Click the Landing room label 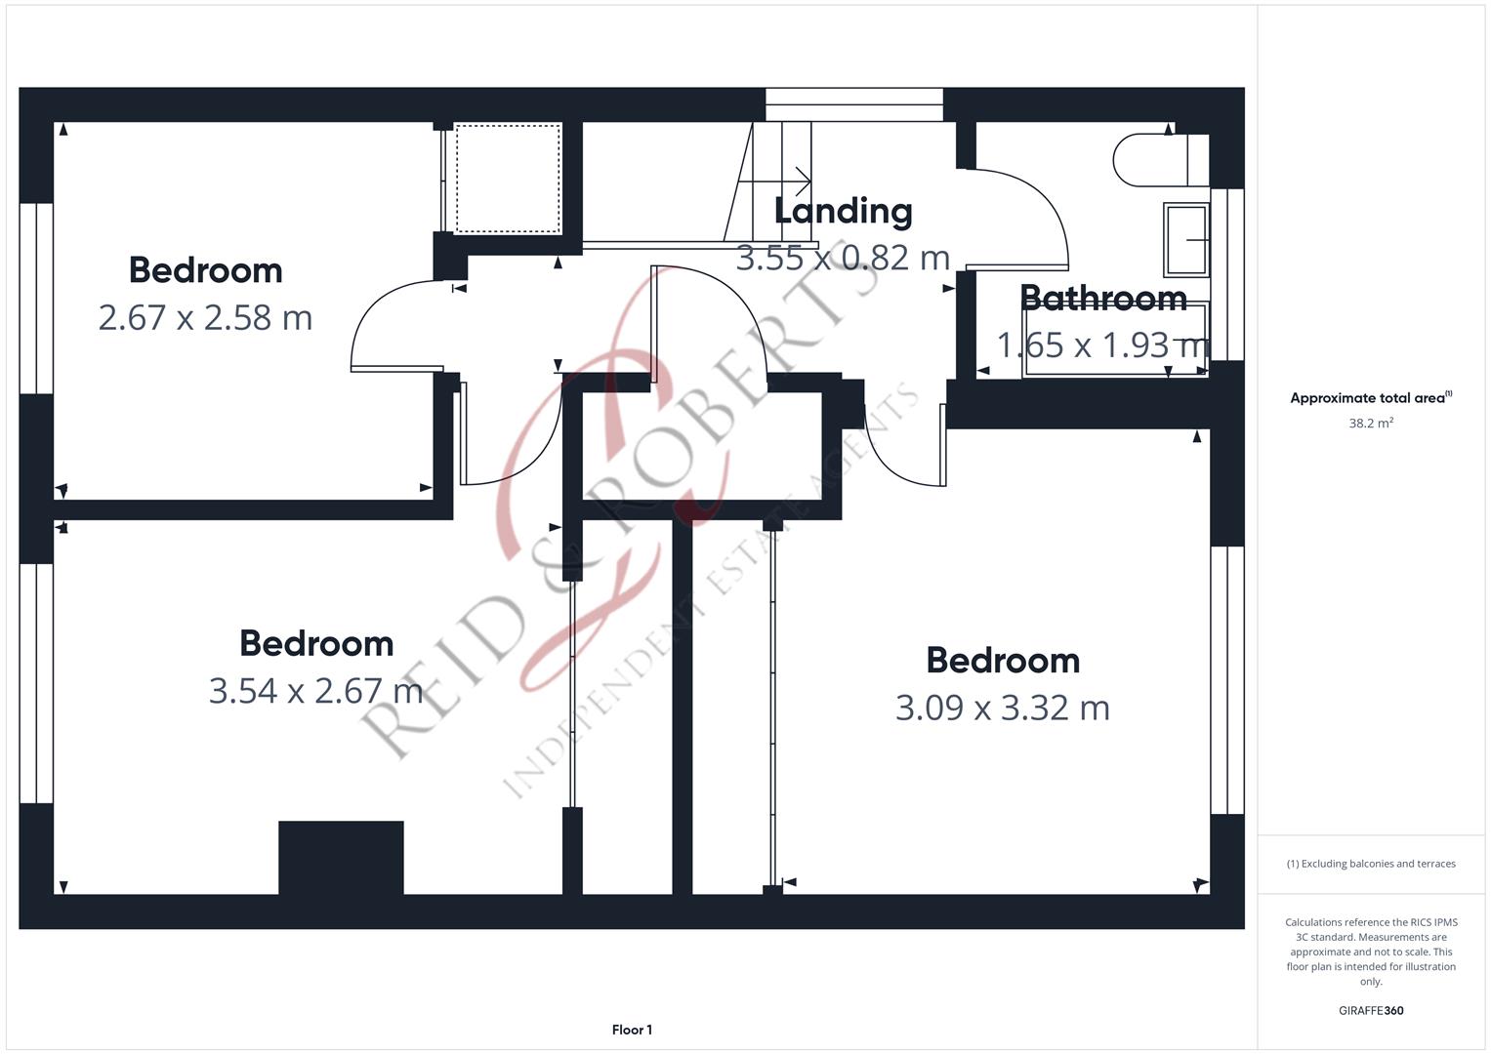coord(843,212)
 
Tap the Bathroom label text coord(1103,298)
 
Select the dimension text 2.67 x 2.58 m coord(205,317)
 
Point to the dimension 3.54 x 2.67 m coord(315,691)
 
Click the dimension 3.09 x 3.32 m coord(1003,708)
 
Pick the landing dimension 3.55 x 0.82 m coord(843,259)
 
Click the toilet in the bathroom coord(1161,160)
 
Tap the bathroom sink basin coord(1186,239)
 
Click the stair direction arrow coord(774,181)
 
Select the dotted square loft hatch coord(508,179)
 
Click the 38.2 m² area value coord(1371,424)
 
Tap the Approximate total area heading coord(1371,397)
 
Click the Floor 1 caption coord(632,1030)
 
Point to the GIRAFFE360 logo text coord(1371,1011)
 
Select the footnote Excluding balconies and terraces coord(1371,864)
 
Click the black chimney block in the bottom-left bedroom coord(341,858)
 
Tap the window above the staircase coord(854,104)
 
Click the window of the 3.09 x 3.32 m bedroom coord(1226,680)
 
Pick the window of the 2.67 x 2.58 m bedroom coord(36,299)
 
